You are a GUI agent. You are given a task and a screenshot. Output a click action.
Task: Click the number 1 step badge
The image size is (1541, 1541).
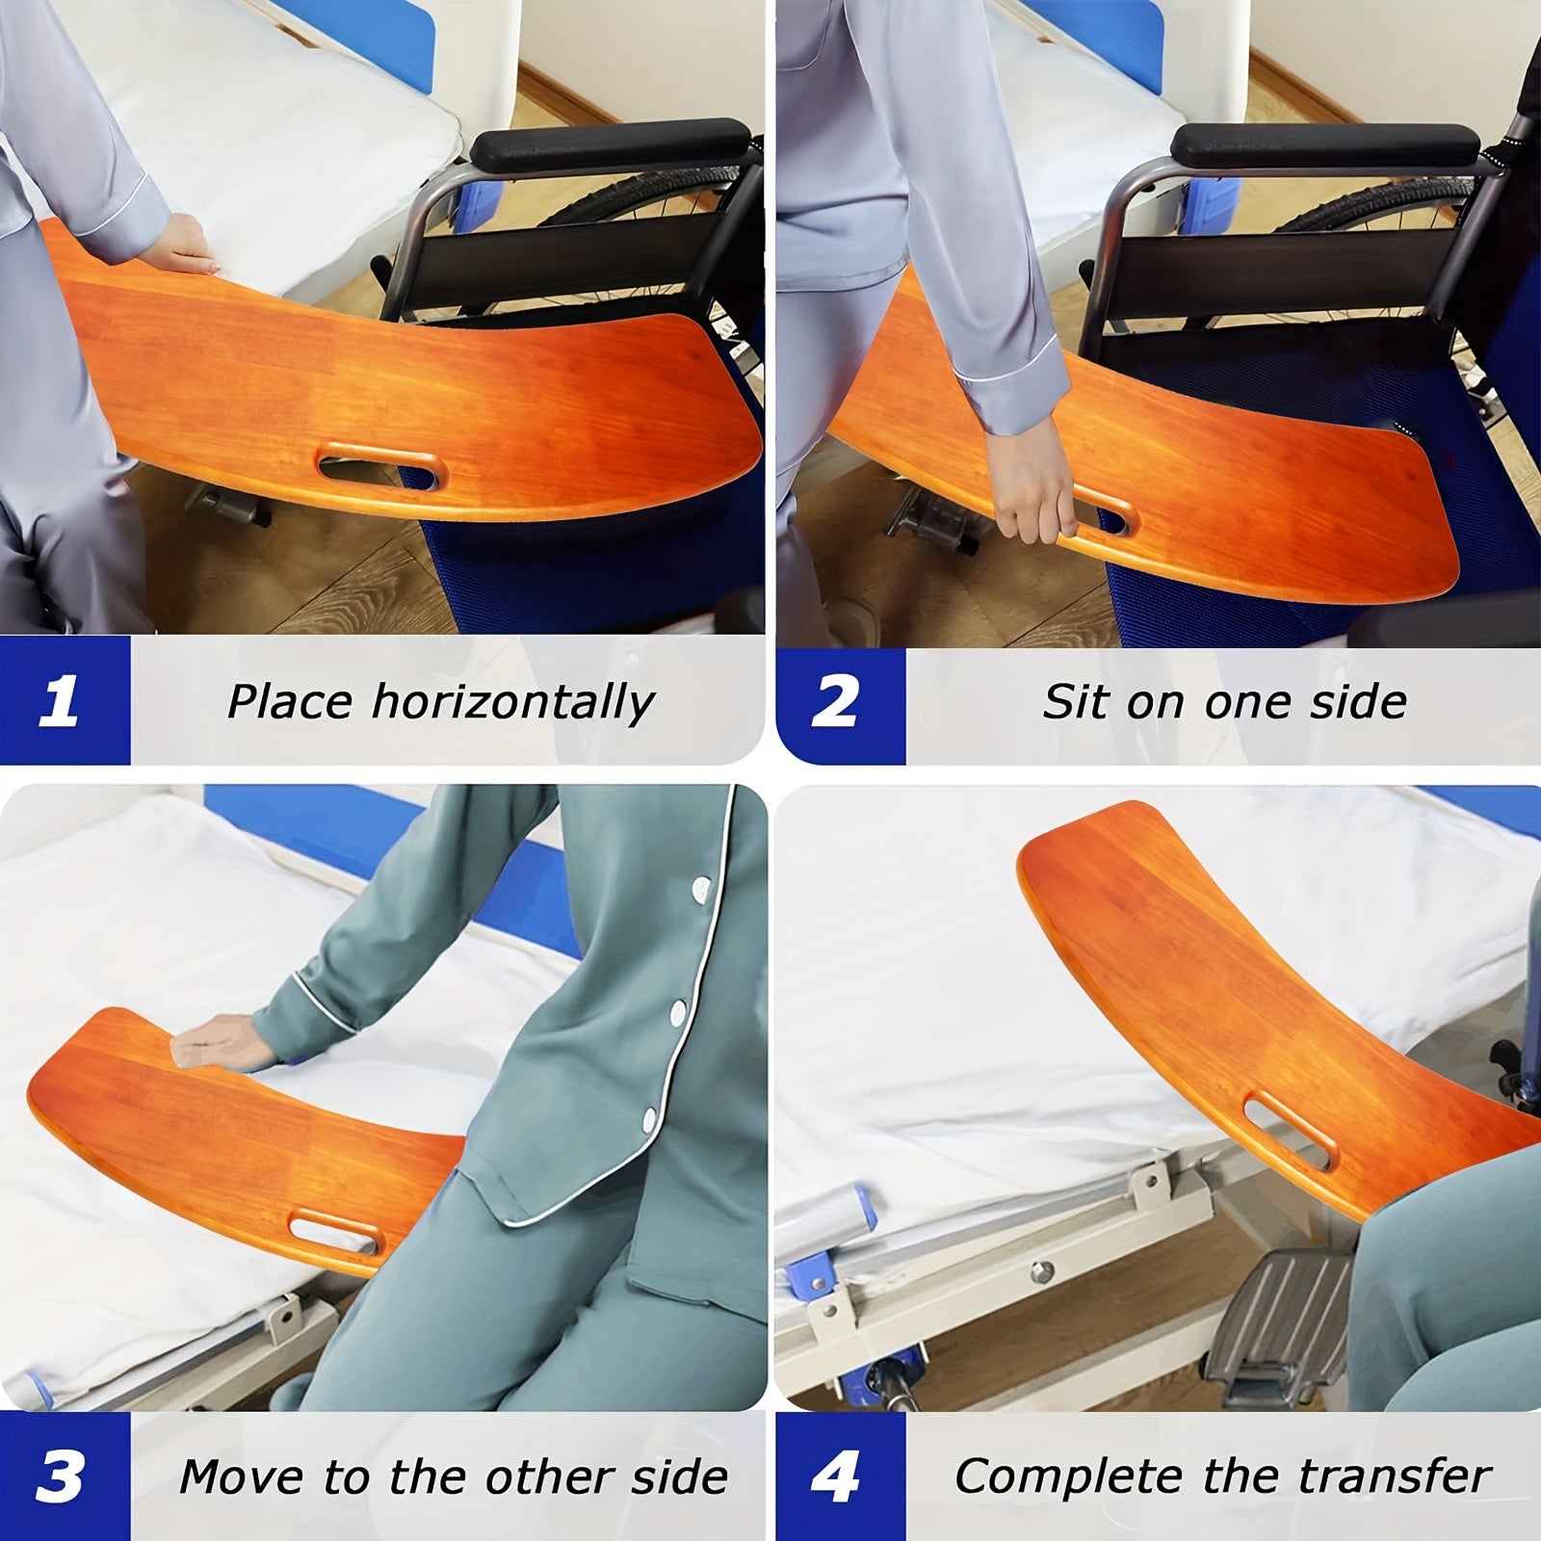[60, 700]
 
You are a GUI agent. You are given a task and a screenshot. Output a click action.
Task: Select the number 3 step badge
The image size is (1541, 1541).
[60, 1475]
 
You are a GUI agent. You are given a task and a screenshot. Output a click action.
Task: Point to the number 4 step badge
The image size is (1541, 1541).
[836, 1475]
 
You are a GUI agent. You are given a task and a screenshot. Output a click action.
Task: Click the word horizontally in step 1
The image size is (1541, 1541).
[512, 702]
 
